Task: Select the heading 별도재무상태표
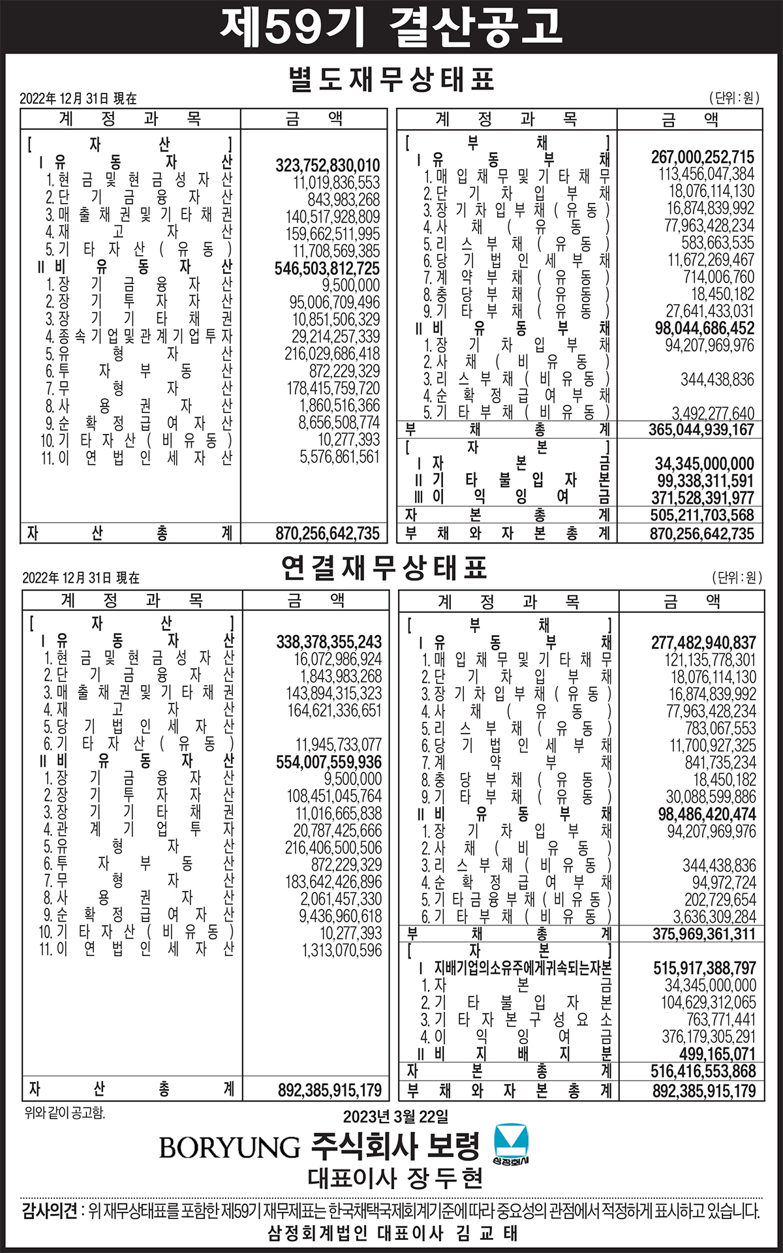click(x=391, y=79)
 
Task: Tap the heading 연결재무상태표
click(x=384, y=568)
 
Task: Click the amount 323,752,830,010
click(x=327, y=165)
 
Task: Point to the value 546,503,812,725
click(x=327, y=268)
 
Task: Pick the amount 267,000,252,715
click(x=703, y=157)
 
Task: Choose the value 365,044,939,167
click(x=701, y=429)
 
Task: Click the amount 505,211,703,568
click(x=702, y=515)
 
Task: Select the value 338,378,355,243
click(x=329, y=642)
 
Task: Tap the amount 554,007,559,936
click(x=329, y=762)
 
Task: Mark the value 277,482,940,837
click(x=703, y=643)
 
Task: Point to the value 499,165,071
click(x=717, y=1054)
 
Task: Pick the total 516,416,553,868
click(x=703, y=1071)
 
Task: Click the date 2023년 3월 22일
click(x=396, y=1117)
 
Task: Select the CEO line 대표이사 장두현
click(x=396, y=1178)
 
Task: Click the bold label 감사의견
click(x=50, y=1211)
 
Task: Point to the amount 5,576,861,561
click(x=339, y=457)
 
